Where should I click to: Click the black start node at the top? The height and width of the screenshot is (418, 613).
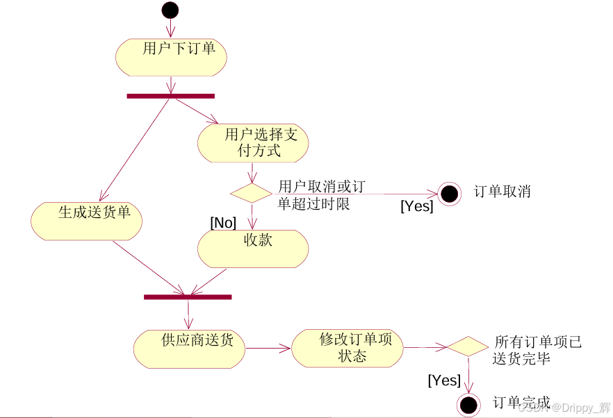coord(170,10)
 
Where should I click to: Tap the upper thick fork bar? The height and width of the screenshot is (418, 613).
coord(170,96)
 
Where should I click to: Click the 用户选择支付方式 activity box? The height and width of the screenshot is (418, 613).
coord(253,143)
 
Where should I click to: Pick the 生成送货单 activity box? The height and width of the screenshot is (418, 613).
coord(86,221)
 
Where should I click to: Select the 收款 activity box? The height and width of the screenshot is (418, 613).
coord(253,249)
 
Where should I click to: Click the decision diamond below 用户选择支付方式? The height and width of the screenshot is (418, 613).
coord(251,192)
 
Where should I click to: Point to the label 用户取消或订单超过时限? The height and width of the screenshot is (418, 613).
coord(320,195)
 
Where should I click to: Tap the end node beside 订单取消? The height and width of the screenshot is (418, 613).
coord(449,194)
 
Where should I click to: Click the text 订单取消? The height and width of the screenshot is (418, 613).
coord(502,192)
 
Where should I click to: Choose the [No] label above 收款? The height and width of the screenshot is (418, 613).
coord(223,222)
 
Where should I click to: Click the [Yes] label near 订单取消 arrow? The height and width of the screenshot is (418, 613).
coord(416,206)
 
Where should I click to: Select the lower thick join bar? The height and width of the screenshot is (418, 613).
coord(188,297)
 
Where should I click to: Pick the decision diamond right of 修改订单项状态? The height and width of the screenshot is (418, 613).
coord(467,346)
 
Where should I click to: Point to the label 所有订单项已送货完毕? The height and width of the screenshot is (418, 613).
coord(537,351)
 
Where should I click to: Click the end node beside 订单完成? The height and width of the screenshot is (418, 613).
coord(468,404)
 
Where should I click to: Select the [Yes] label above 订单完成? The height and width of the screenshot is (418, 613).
coord(444,380)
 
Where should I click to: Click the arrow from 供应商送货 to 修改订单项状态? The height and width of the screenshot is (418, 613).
coord(268,347)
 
